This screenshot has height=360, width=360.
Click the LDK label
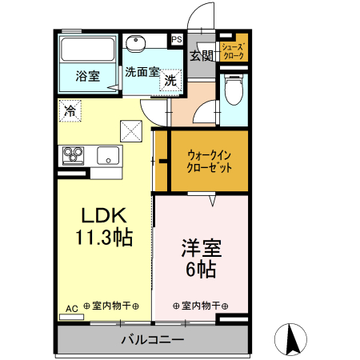point(103,216)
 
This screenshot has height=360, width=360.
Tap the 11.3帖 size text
point(103,237)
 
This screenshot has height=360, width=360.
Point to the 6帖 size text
point(201,270)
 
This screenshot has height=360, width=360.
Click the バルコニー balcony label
point(152,339)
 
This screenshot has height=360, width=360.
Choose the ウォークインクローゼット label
point(210,162)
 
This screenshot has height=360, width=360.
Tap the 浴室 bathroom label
point(88,77)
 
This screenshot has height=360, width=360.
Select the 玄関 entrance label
point(201,55)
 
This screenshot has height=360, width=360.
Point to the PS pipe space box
point(176,38)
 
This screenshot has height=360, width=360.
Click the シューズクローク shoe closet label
point(233,51)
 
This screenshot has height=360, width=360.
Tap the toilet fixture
point(234,90)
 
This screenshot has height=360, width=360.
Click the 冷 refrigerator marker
point(70,111)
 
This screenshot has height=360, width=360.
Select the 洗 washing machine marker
point(170,80)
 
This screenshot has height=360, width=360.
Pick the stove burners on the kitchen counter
point(74,154)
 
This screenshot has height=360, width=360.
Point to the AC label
point(71,308)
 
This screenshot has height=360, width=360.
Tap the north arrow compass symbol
point(291,339)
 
